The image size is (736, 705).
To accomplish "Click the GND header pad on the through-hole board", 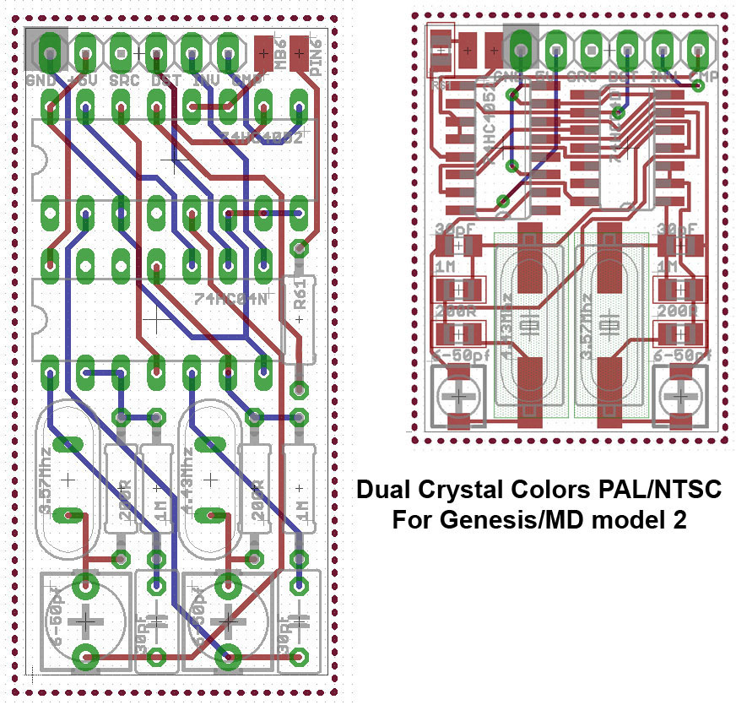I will tap(51, 52).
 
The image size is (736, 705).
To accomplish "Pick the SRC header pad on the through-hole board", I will tap(121, 52).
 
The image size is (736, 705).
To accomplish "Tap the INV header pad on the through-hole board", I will tap(192, 52).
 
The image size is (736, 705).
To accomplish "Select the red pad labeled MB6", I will tap(265, 52).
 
